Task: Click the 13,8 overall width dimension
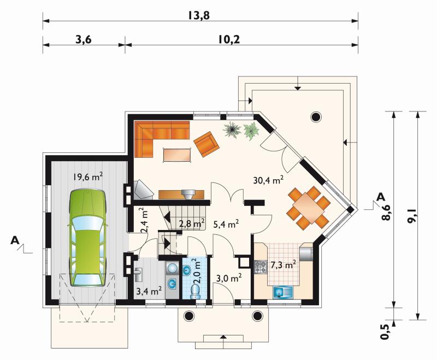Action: point(198,16)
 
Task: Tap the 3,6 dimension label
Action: point(84,39)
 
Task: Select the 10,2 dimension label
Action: point(229,39)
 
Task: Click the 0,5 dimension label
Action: point(386,332)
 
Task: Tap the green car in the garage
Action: point(88,238)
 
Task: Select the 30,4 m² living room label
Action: point(268,180)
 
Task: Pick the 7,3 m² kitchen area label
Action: point(282,265)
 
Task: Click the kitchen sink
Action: point(283,293)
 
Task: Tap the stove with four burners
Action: point(261,267)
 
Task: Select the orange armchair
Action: point(206,144)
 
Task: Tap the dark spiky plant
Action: point(232,130)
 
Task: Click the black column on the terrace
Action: point(316,116)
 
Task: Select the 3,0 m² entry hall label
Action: point(229,278)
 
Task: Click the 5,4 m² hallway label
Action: point(226,224)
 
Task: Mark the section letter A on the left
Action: point(15,240)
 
